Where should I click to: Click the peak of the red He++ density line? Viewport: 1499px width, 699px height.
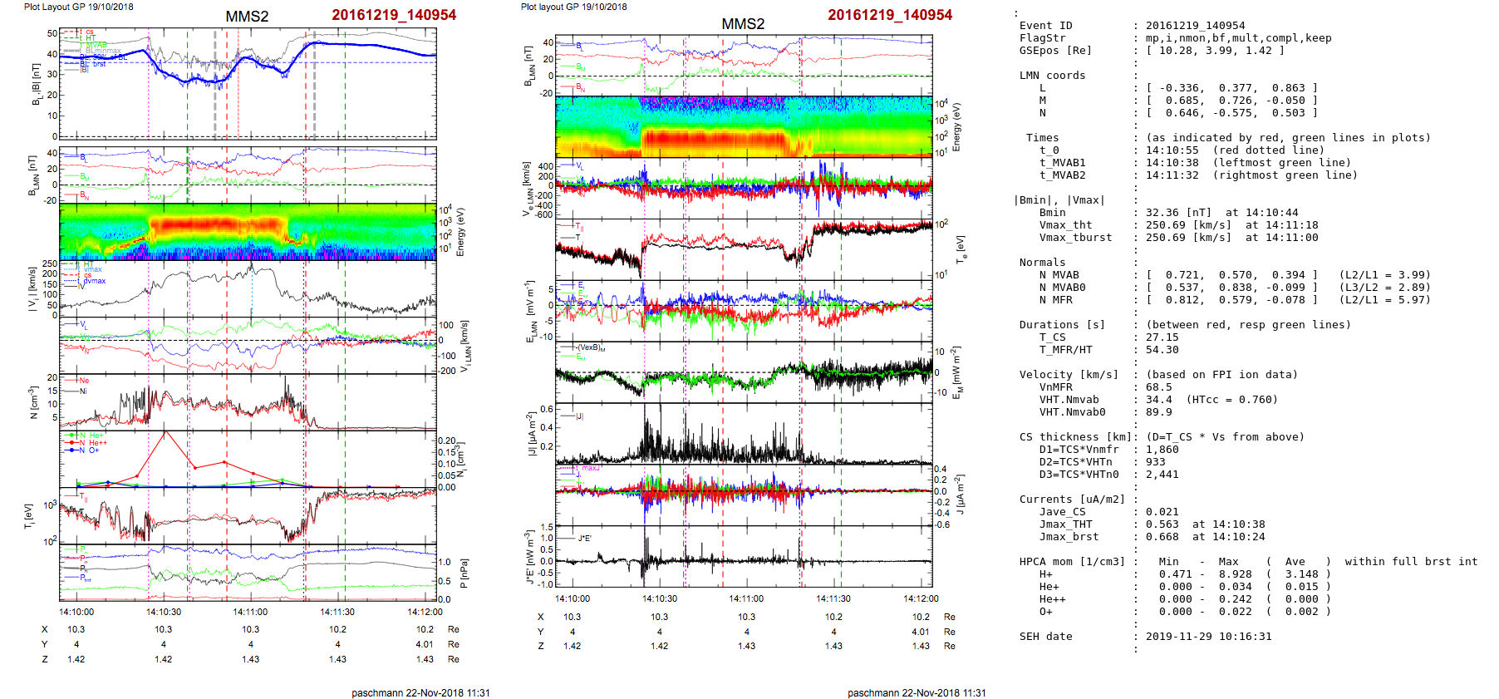[165, 431]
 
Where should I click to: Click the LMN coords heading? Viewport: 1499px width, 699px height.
[1052, 76]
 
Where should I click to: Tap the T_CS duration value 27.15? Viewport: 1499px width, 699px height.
[1162, 337]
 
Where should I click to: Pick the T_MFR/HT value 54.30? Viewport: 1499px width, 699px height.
[1162, 350]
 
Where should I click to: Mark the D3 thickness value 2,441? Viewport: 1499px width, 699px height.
[1162, 475]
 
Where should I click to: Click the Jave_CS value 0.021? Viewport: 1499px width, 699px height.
[1162, 512]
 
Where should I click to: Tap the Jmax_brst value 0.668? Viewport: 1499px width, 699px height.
[1162, 537]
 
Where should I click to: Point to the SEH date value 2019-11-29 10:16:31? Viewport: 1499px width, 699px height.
[1208, 637]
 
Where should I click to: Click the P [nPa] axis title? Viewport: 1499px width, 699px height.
[464, 573]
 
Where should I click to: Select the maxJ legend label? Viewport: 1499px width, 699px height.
[590, 468]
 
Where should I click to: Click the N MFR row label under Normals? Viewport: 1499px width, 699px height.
[1055, 300]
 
